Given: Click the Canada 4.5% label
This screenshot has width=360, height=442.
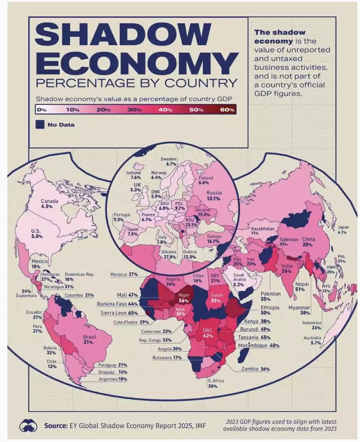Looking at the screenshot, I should pos(49,204).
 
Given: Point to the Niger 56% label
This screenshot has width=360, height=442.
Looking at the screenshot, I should pos(183,297).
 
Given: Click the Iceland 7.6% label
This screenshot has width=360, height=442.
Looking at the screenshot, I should pos(133,175).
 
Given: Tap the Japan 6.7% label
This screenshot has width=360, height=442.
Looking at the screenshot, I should pos(343,230).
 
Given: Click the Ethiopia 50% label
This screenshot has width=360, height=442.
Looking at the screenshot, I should pos(270,310).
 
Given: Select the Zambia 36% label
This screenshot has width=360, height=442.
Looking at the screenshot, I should pos(256,369).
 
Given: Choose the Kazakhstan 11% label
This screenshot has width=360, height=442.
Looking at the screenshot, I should pos(262,231).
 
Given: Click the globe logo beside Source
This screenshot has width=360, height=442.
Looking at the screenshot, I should pos(29,426).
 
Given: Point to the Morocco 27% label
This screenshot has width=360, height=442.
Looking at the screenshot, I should pos(123,274).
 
